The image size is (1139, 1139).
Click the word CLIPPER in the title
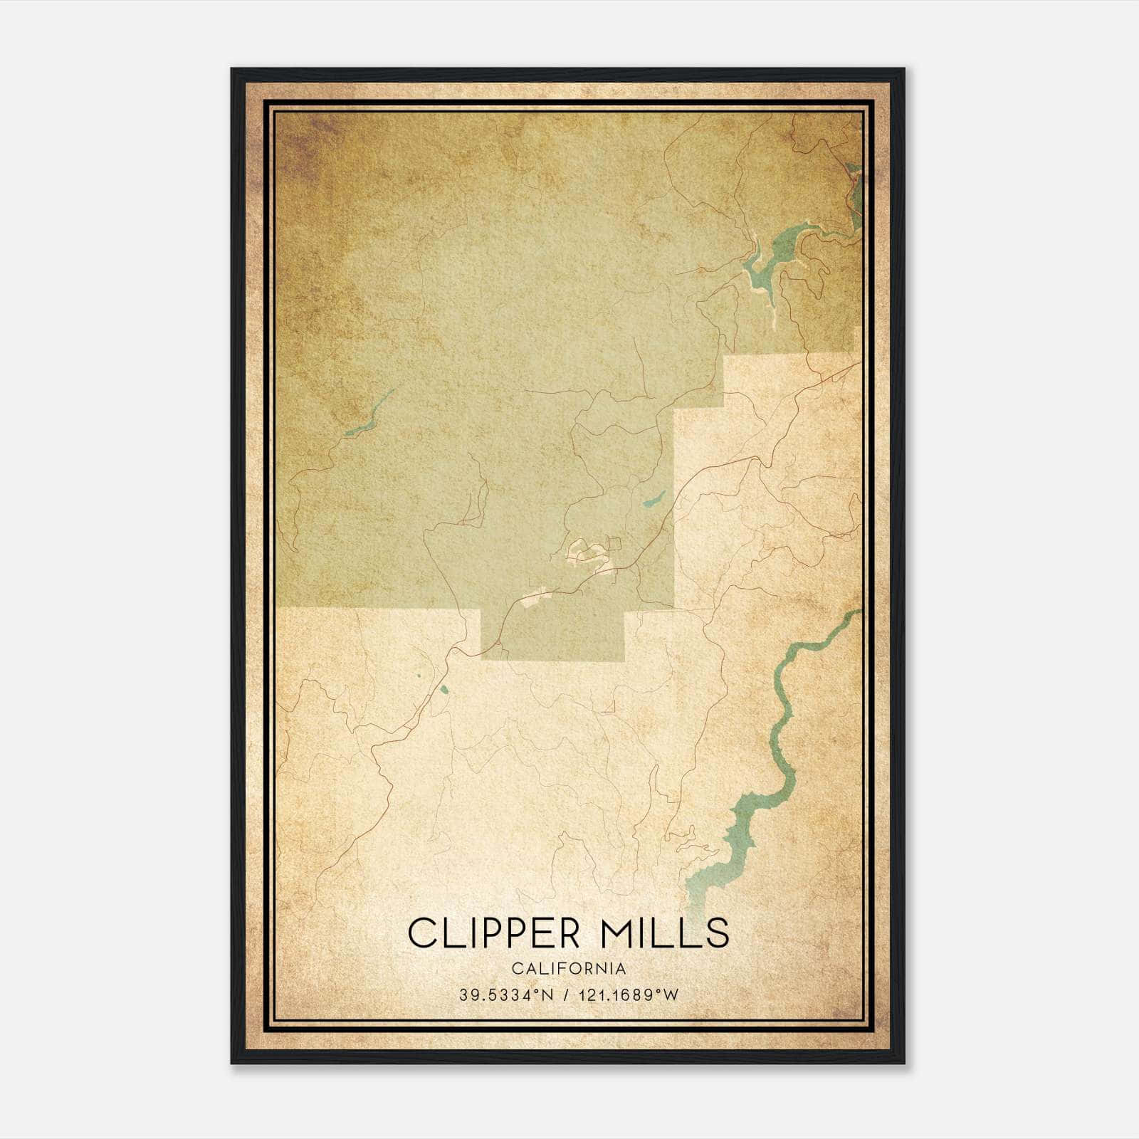pos(491,933)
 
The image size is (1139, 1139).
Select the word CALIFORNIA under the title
pos(569,969)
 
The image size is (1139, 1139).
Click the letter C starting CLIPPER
pos(421,933)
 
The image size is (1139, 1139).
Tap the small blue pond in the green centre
pos(654,498)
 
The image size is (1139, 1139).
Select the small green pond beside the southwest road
pos(444,688)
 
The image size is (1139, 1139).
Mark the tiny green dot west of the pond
pos(419,676)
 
